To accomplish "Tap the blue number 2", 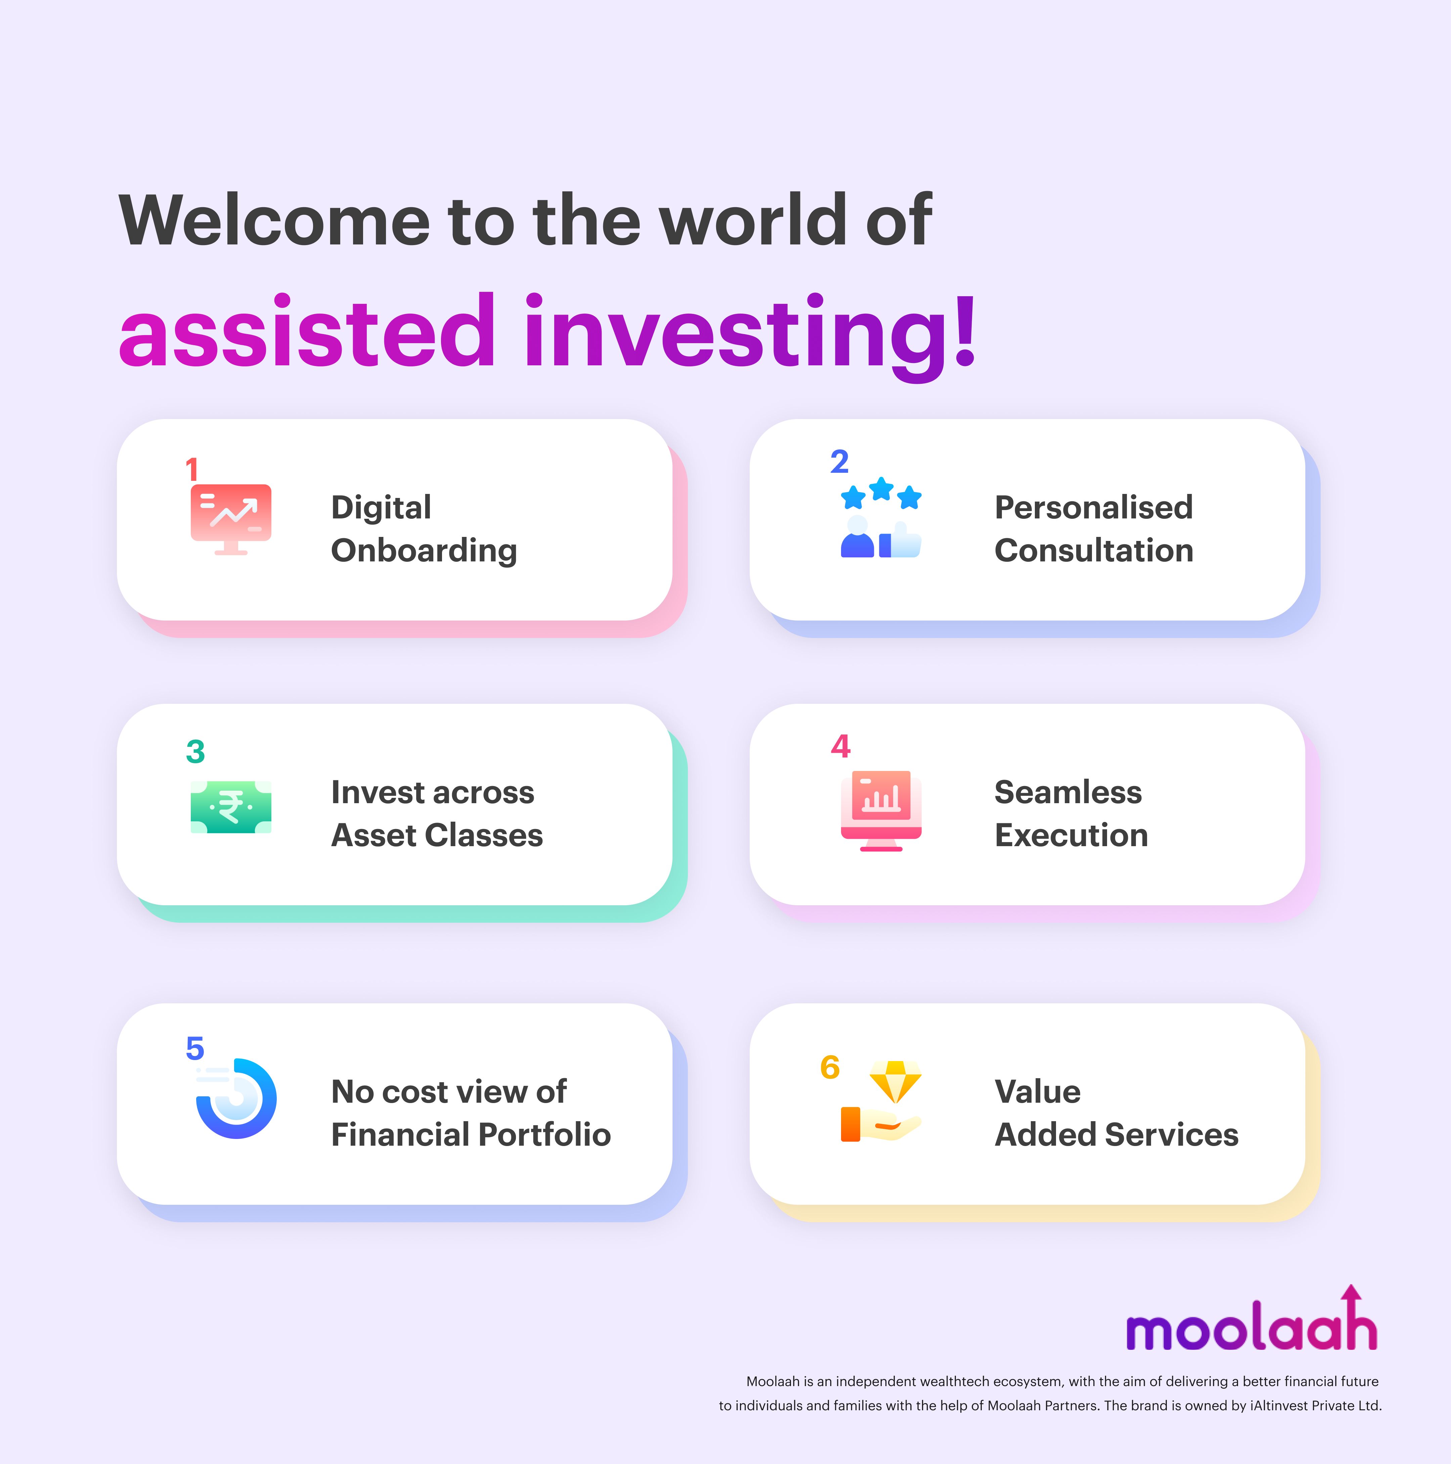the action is coord(839,461).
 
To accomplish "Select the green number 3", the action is coord(195,752).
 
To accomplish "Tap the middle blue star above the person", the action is coord(881,489).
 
